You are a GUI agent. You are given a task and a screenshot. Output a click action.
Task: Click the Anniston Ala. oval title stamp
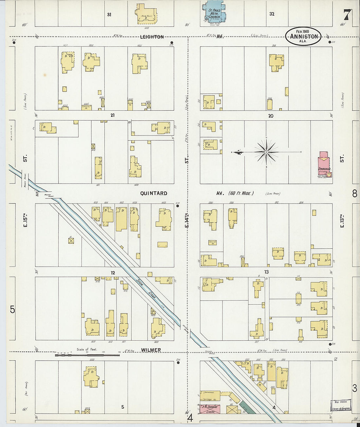click(303, 36)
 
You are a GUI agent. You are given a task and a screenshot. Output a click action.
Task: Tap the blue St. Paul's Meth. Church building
click(214, 12)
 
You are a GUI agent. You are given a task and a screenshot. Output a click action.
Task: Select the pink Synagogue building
click(324, 165)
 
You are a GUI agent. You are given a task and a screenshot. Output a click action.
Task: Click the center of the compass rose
click(266, 152)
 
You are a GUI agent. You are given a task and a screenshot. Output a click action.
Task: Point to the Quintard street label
click(153, 193)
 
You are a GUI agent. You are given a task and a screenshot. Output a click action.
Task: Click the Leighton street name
click(152, 37)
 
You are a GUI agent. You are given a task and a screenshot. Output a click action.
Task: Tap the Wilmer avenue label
click(151, 350)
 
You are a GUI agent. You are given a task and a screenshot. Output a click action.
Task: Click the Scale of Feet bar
click(87, 354)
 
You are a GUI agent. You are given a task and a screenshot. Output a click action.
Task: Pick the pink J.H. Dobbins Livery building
click(209, 409)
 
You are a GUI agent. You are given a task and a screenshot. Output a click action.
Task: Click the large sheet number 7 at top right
click(348, 14)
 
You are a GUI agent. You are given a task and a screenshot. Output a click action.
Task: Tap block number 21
click(113, 115)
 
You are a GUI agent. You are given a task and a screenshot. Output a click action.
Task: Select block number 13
click(266, 272)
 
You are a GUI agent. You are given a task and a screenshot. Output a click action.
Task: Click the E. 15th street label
click(25, 220)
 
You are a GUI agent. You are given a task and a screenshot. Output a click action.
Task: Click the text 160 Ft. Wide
click(241, 193)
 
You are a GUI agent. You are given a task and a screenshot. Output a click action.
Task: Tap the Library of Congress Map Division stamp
click(341, 405)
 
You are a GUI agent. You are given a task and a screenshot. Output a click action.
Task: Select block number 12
click(113, 273)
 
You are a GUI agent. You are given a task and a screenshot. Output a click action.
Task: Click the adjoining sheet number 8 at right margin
click(354, 194)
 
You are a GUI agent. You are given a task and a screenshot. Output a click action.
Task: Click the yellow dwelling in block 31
click(146, 14)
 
